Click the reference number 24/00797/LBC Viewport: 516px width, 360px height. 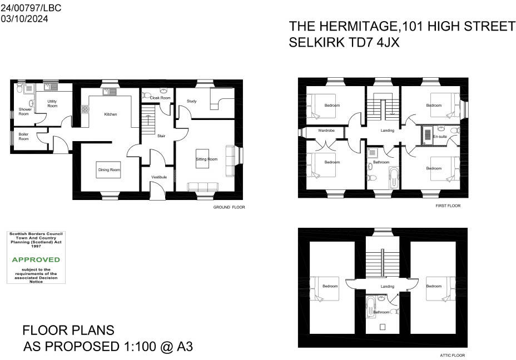(x=31, y=8)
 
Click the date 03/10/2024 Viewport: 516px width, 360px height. (x=24, y=18)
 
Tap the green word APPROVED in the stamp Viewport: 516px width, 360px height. (x=36, y=259)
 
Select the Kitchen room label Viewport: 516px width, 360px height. (x=111, y=114)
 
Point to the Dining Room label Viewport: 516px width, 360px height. (x=109, y=170)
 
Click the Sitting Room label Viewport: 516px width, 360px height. (x=206, y=159)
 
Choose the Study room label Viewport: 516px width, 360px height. (x=192, y=101)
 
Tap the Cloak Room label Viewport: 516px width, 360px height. (x=152, y=97)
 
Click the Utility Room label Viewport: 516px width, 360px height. (x=52, y=103)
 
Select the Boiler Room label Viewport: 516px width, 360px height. (x=23, y=137)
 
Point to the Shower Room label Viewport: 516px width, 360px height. (x=24, y=111)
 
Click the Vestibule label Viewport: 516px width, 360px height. (x=159, y=177)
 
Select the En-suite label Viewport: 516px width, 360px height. (x=440, y=136)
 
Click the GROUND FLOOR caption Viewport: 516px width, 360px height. (x=229, y=207)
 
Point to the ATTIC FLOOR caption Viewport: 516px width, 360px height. (x=451, y=355)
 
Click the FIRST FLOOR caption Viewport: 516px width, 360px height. (x=448, y=206)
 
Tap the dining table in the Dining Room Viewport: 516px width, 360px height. (x=108, y=170)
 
